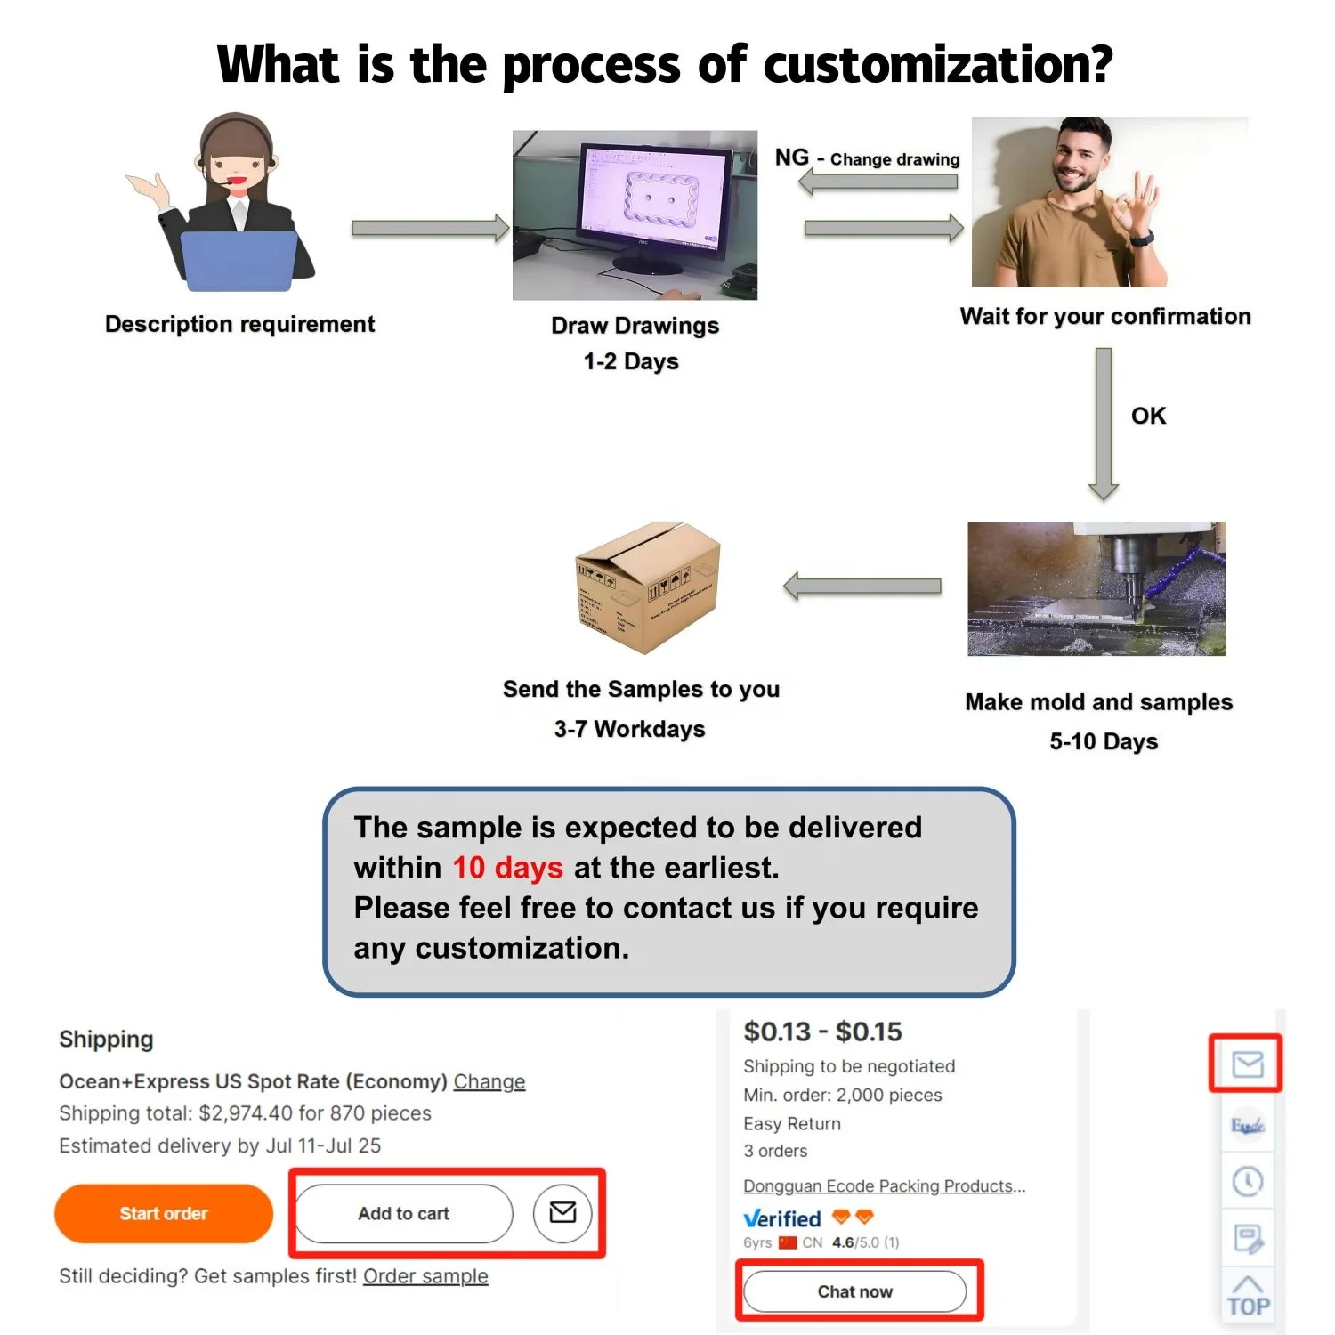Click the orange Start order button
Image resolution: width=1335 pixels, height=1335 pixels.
(164, 1213)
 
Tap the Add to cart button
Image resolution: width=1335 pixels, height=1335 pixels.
(404, 1213)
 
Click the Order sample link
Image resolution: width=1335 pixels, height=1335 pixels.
(425, 1276)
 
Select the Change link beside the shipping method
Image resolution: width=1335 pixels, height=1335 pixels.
(489, 1081)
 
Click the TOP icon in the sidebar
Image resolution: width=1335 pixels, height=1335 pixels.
(1248, 1297)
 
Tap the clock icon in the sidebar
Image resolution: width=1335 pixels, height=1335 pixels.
(1248, 1182)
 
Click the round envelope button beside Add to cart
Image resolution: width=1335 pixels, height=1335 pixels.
(562, 1212)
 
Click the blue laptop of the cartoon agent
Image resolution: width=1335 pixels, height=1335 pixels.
(239, 261)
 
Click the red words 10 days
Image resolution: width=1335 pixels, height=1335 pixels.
(507, 868)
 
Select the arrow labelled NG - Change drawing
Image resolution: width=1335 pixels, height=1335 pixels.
(878, 182)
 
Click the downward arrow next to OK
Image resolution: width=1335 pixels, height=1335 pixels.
(1104, 423)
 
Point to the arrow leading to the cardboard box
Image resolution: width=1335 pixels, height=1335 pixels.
(862, 587)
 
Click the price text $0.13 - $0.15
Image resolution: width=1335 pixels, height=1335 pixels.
(822, 1032)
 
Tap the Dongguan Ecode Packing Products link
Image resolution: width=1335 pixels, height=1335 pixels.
(884, 1186)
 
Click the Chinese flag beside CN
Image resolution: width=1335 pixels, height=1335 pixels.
(788, 1242)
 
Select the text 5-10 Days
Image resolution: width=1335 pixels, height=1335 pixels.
(1104, 741)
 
